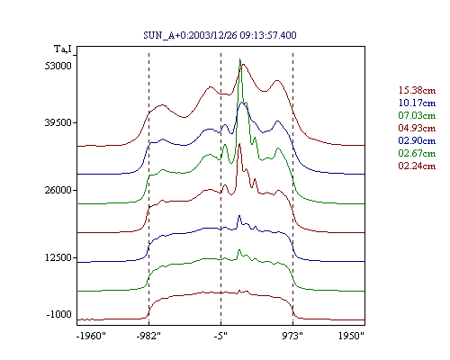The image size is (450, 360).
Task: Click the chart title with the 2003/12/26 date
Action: point(220,35)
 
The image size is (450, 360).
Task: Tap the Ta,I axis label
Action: point(63,49)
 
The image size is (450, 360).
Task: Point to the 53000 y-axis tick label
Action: point(58,66)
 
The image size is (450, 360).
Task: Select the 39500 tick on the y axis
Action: point(58,122)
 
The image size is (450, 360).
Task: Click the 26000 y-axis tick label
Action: point(58,190)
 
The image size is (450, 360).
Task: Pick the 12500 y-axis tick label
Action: point(58,257)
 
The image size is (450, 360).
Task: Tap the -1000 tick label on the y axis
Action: point(59,314)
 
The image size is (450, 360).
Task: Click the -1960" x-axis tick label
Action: point(91,336)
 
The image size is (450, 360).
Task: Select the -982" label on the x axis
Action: point(148,336)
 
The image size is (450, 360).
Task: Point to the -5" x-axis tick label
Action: point(220,336)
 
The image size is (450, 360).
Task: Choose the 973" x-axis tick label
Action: point(292,336)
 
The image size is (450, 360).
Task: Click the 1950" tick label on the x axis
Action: point(351,336)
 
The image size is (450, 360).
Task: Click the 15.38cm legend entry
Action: point(417,90)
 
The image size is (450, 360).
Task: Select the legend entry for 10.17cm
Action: point(417,103)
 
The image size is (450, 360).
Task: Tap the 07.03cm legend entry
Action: point(417,115)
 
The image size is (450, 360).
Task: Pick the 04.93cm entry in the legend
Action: point(417,128)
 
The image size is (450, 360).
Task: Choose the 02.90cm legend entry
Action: point(417,140)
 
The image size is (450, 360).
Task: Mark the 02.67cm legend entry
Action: point(417,153)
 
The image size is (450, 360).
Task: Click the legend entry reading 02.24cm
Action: point(417,166)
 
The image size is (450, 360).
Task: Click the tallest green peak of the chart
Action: point(239,59)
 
